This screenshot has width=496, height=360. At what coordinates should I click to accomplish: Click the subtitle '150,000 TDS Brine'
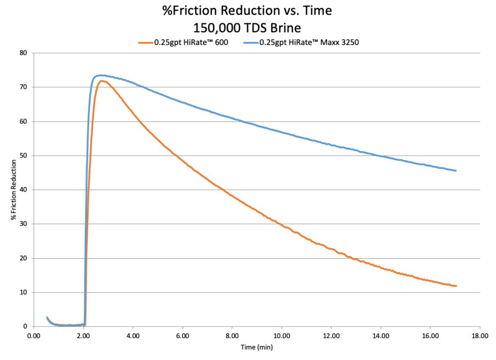coord(248,26)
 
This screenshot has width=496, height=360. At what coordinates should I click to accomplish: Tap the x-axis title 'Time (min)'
coord(257,347)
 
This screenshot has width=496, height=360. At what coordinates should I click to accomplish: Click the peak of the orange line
coord(102,81)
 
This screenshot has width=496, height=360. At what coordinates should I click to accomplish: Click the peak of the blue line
coord(99,75)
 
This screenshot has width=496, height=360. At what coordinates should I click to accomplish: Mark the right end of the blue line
coord(456,171)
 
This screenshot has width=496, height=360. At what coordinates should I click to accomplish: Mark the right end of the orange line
coord(456,286)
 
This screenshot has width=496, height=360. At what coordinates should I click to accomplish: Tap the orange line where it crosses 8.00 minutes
coord(232,196)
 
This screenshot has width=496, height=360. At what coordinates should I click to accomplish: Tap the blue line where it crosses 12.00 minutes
coord(331,144)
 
